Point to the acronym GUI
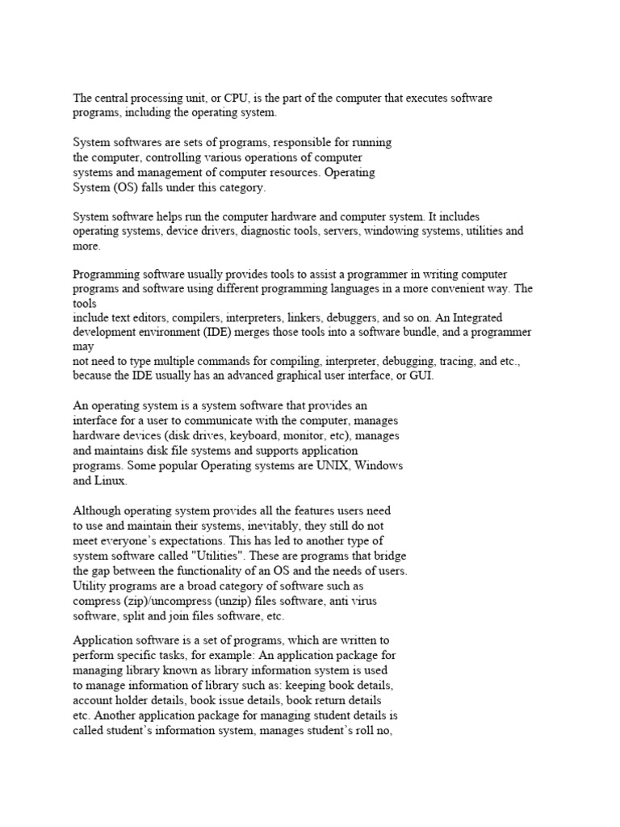tap(421, 376)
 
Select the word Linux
tap(111, 481)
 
